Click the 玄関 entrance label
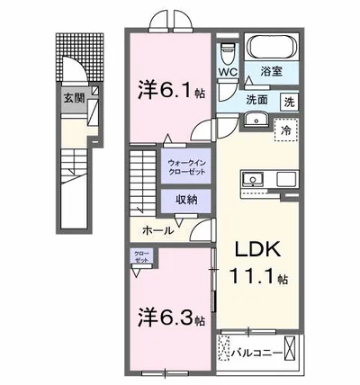point(73,99)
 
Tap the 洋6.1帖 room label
point(168,90)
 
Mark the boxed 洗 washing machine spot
point(289,101)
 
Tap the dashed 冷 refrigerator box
point(285,128)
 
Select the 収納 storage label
point(186,200)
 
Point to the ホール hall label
point(157,231)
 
